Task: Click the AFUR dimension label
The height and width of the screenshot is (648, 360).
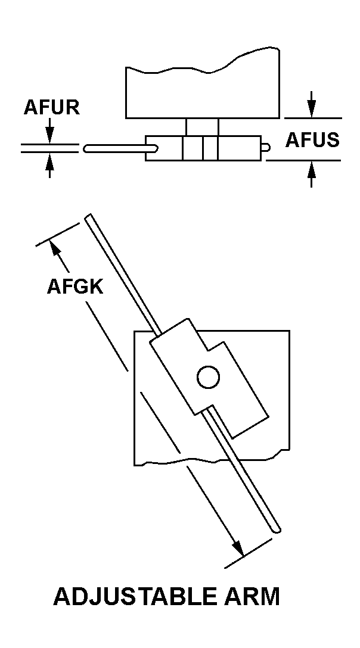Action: point(51,107)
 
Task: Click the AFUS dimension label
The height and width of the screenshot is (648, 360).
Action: point(312,141)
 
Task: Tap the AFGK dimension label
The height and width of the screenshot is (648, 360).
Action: point(75,286)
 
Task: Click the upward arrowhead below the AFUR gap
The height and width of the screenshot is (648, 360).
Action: point(49,161)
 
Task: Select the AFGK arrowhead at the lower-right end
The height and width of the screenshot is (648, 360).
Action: point(238,548)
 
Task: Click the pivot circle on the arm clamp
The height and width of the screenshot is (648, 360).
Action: point(208,377)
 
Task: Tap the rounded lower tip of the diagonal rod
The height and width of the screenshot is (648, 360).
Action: point(277,528)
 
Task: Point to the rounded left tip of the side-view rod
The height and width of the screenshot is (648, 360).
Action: point(86,148)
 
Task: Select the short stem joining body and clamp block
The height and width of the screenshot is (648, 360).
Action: point(202,127)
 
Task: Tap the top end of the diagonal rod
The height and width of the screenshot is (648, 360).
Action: point(88,216)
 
